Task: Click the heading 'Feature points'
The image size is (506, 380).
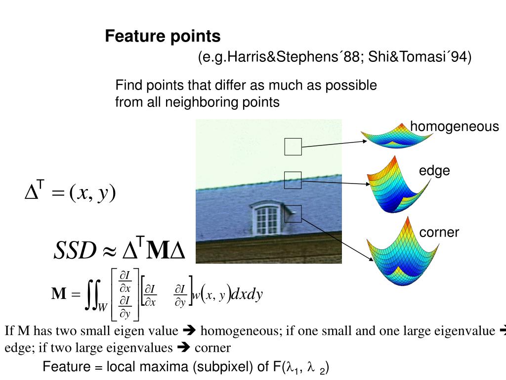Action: pos(163,36)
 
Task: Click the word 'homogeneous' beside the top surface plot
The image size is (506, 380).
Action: pos(455,127)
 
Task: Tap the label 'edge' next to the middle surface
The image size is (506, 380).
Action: pos(434,171)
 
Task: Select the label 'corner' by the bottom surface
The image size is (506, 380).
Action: pos(439,233)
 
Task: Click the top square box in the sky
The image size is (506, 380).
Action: pos(293,147)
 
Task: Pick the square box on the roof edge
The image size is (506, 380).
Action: pos(293,180)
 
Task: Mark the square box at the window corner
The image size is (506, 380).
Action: pos(293,213)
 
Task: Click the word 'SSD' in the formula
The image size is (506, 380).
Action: pos(74,251)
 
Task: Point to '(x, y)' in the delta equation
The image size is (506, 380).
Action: pos(92,192)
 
